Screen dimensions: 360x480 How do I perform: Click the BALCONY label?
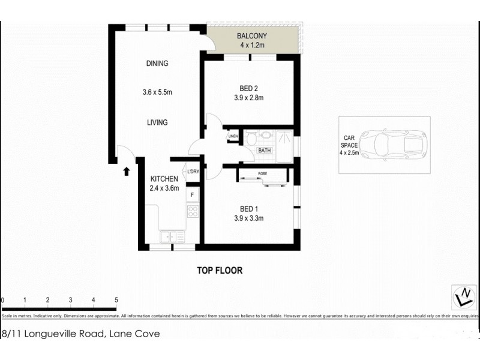[251, 36]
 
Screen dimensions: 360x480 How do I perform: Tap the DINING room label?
[157, 64]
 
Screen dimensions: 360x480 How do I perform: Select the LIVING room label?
[157, 122]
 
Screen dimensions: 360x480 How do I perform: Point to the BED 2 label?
[249, 89]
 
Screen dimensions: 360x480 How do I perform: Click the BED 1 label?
[249, 209]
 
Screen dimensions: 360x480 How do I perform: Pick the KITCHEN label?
[164, 179]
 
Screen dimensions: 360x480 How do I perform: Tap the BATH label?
[265, 151]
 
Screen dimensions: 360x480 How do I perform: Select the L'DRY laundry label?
[193, 173]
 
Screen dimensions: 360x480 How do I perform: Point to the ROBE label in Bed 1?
[262, 173]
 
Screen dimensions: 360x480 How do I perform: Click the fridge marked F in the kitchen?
[193, 195]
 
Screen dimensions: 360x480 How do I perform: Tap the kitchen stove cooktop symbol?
[193, 211]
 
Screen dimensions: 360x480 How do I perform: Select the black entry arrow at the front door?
[127, 172]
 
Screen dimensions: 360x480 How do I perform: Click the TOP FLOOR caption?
[220, 271]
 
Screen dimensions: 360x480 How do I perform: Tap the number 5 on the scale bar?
[116, 299]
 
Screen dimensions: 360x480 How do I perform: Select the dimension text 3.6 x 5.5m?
[157, 92]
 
